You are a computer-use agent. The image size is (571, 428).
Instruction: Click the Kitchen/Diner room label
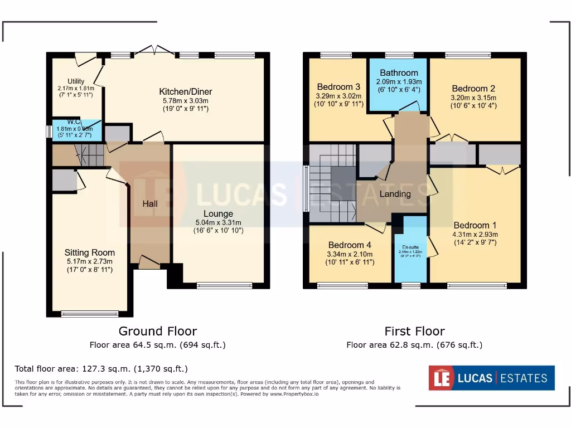click(x=185, y=91)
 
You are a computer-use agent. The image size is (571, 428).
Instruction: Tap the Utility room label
click(x=76, y=81)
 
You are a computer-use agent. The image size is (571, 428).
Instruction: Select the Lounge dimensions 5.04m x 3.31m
click(x=218, y=222)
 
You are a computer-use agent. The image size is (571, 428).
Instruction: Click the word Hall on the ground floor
click(x=149, y=204)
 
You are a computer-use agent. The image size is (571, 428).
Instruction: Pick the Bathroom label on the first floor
click(x=399, y=73)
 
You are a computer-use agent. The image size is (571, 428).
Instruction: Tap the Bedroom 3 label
click(x=338, y=86)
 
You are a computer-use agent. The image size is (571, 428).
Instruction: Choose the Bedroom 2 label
click(x=473, y=88)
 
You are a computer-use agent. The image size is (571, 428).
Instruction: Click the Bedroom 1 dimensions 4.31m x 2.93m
click(x=475, y=234)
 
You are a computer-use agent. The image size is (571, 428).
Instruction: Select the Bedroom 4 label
click(x=350, y=245)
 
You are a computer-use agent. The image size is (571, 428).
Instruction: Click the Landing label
click(x=395, y=194)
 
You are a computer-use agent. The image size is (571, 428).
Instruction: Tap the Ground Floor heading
click(x=158, y=332)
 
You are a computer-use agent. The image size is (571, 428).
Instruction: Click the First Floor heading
click(x=414, y=332)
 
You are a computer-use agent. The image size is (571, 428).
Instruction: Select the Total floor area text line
click(x=101, y=369)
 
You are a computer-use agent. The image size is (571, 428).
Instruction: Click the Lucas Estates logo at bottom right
click(x=491, y=378)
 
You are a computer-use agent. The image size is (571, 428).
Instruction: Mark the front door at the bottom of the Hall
click(x=149, y=262)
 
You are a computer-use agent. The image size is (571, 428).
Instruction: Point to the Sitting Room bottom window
click(x=90, y=314)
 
